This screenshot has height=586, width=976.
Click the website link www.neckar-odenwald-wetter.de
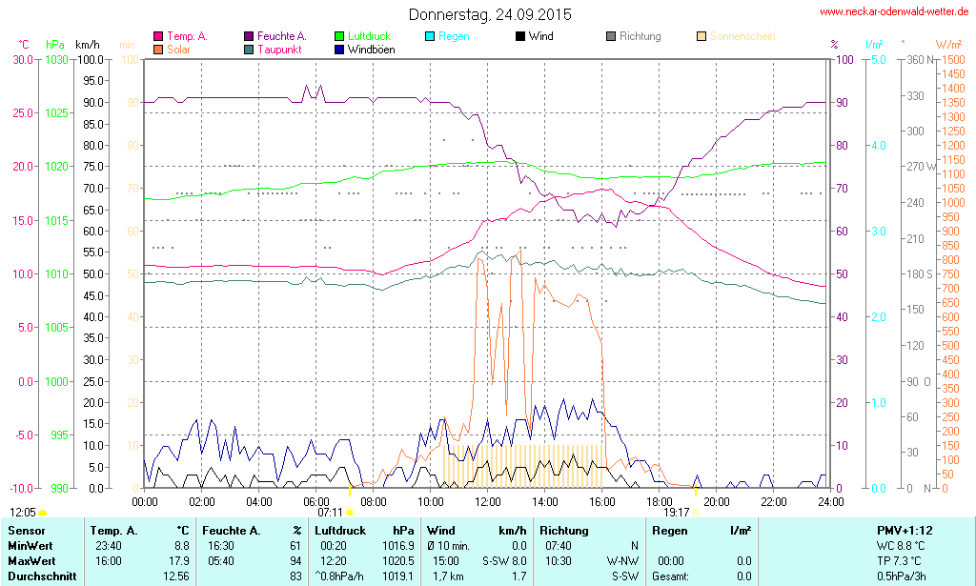(894, 12)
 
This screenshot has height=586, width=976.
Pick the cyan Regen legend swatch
(430, 36)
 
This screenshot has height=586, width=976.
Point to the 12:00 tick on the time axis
(488, 501)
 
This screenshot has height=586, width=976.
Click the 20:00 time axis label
(717, 501)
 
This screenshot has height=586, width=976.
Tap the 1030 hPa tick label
(56, 60)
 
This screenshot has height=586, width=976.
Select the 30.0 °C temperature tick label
(21, 60)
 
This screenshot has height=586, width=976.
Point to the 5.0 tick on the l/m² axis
(878, 60)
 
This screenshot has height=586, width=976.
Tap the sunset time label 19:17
(676, 512)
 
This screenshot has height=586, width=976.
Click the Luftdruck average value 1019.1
(400, 576)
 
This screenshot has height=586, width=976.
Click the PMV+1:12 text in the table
(905, 530)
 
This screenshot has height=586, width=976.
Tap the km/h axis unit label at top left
(88, 45)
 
